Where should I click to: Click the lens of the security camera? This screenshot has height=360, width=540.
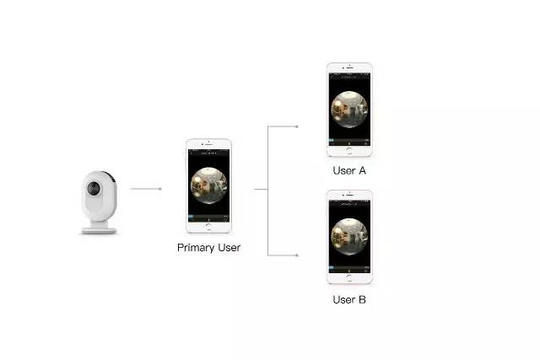(x=94, y=188)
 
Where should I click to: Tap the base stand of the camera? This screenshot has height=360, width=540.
(x=100, y=230)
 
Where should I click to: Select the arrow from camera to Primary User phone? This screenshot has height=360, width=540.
(x=146, y=189)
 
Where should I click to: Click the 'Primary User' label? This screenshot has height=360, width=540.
(x=208, y=248)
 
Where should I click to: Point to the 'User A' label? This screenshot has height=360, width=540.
(x=349, y=170)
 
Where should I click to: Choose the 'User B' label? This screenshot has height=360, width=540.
(x=349, y=299)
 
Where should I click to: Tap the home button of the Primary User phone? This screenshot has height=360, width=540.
(x=208, y=227)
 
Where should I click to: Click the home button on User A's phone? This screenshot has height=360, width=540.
(x=349, y=151)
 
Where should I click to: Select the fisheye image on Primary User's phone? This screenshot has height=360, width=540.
(x=208, y=185)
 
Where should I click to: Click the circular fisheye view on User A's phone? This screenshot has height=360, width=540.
(x=349, y=110)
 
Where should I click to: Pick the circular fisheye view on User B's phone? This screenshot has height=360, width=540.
(x=349, y=237)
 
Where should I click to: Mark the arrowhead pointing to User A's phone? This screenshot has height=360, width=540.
(x=296, y=126)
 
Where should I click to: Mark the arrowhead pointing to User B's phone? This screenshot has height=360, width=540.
(x=296, y=255)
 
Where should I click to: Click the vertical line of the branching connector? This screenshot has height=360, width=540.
(x=268, y=191)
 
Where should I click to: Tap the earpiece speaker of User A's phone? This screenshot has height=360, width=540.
(x=349, y=67)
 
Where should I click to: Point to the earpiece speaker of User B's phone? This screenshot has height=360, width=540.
(x=349, y=195)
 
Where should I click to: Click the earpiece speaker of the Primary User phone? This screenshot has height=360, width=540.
(x=209, y=143)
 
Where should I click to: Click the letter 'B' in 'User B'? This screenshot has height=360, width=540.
(x=362, y=299)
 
